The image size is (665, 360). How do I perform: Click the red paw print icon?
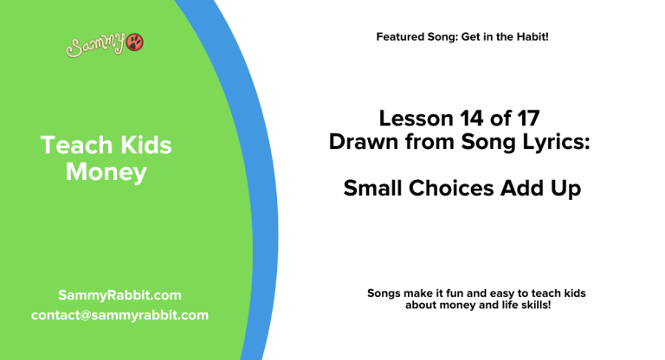click(135, 42)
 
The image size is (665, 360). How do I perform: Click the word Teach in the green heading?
click(69, 146)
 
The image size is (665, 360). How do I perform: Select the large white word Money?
click(107, 172)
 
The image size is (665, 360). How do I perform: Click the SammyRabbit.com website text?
click(119, 295)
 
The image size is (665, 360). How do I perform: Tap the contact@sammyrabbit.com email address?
click(119, 315)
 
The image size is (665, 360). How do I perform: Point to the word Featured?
click(402, 37)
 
